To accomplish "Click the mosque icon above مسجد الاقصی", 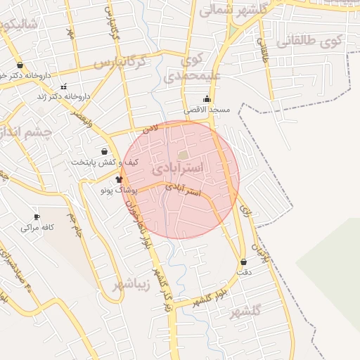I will tap(207, 99).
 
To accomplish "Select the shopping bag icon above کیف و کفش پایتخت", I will tap(105, 151).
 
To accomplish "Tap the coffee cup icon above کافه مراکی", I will tap(37, 217).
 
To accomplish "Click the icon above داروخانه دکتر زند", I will tap(64, 86).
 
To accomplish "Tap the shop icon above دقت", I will tap(243, 262).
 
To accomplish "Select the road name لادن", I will tap(149, 129).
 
